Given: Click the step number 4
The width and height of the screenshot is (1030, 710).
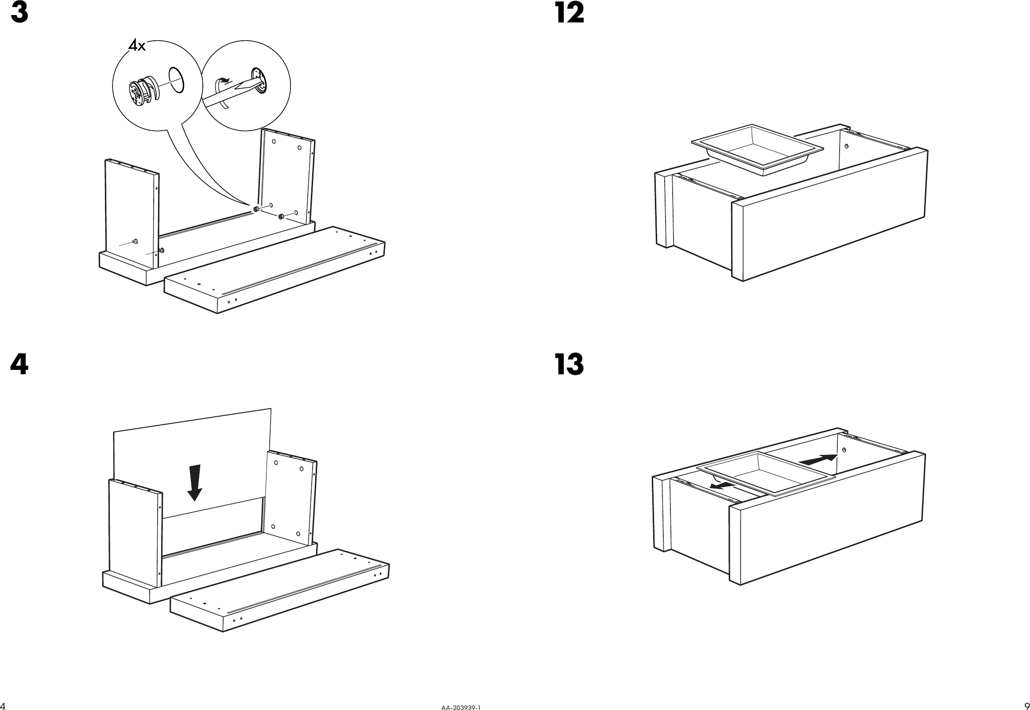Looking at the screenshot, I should [x=19, y=365].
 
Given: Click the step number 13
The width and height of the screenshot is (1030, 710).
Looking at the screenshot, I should [x=570, y=365].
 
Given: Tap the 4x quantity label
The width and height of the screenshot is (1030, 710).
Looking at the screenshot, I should [x=137, y=45].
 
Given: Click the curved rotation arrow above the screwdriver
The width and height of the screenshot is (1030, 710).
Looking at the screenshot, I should [x=223, y=81].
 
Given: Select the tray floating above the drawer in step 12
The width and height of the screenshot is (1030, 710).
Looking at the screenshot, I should [x=757, y=149].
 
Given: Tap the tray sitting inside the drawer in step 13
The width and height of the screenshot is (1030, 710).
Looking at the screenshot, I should [x=765, y=474].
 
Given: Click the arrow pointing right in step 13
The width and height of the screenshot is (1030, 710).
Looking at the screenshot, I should [x=818, y=460].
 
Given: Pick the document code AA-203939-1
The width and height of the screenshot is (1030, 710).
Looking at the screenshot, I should [x=461, y=706].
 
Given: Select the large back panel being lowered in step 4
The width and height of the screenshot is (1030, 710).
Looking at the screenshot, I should [x=191, y=445].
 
